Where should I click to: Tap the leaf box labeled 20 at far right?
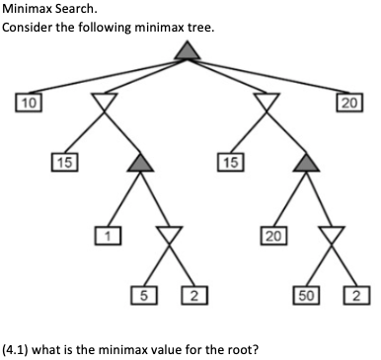[x=348, y=102]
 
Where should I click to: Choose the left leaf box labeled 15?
[x=63, y=161]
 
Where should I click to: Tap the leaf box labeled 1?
[x=105, y=235]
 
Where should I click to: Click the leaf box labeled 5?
[x=145, y=294]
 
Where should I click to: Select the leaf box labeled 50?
[x=309, y=294]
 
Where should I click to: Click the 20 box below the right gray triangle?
[x=272, y=235]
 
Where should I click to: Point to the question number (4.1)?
[x=17, y=347]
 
